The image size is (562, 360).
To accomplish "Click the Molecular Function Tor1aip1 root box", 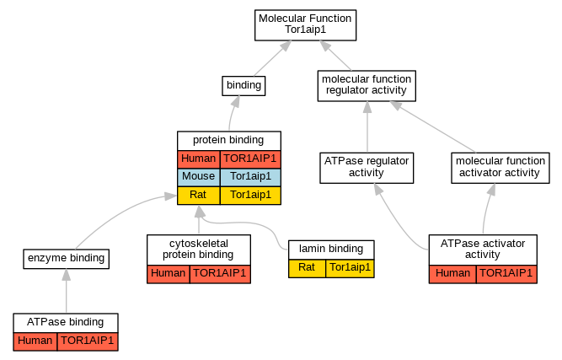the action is pyautogui.click(x=305, y=25).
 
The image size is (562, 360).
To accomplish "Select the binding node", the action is pyautogui.click(x=244, y=86).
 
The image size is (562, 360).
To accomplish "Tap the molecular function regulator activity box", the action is pyautogui.click(x=367, y=86).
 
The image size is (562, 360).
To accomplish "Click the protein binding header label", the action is pyautogui.click(x=228, y=140).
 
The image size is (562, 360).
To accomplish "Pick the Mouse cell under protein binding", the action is pyautogui.click(x=199, y=177).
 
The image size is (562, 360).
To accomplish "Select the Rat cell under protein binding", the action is pyautogui.click(x=199, y=196).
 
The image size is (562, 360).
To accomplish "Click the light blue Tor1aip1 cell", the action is pyautogui.click(x=250, y=177).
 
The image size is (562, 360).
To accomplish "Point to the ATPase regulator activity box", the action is pyautogui.click(x=367, y=168).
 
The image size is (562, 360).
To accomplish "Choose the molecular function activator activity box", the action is pyautogui.click(x=500, y=168).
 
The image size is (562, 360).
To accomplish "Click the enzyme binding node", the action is pyautogui.click(x=67, y=259).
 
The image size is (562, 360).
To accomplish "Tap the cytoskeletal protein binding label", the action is pyautogui.click(x=199, y=250).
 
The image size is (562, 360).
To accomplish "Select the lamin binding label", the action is pyautogui.click(x=331, y=250).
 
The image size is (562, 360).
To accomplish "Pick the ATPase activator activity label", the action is pyautogui.click(x=483, y=250).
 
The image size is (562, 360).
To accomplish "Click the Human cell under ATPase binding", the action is pyautogui.click(x=35, y=341).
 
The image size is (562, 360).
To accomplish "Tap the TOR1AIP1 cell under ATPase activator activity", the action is pyautogui.click(x=506, y=274).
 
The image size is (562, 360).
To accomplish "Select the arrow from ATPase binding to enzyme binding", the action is pyautogui.click(x=67, y=291).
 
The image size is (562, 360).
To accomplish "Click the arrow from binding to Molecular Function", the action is pyautogui.click(x=272, y=58).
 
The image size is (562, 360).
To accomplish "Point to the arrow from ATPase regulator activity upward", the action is pyautogui.click(x=367, y=127).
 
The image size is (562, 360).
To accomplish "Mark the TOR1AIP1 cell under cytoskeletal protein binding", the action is pyautogui.click(x=220, y=274).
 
